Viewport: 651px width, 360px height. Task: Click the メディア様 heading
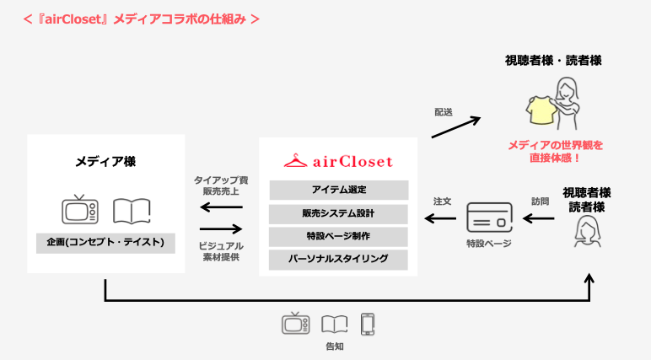click(105, 160)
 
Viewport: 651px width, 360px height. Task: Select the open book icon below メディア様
click(132, 210)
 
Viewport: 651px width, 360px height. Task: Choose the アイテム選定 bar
click(338, 189)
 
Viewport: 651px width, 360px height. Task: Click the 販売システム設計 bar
click(338, 212)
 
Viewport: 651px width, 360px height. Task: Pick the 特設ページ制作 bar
click(338, 235)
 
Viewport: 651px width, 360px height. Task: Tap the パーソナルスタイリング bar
click(338, 259)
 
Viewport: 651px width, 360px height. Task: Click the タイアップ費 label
click(220, 180)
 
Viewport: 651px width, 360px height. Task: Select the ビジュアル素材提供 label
click(220, 250)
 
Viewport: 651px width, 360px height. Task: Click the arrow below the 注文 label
click(440, 219)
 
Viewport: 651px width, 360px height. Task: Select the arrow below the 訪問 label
click(539, 219)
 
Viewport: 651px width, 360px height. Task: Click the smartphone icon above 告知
click(367, 324)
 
